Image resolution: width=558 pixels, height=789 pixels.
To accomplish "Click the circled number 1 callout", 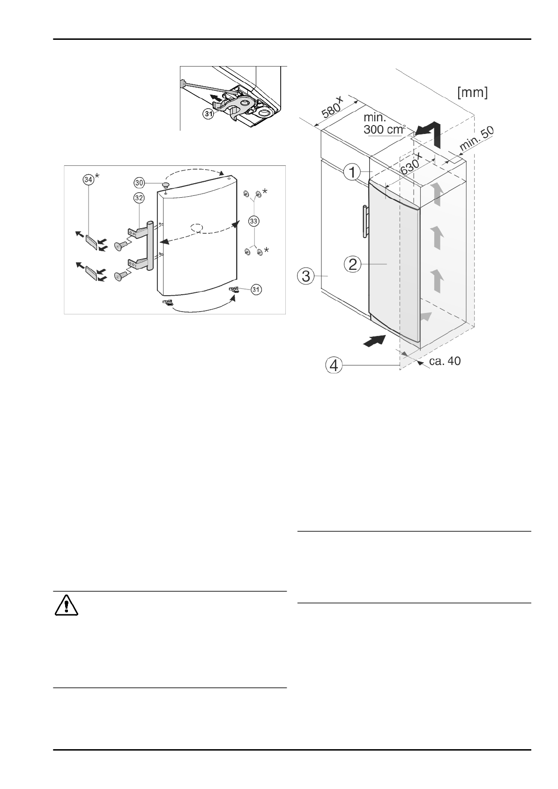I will coord(352,173).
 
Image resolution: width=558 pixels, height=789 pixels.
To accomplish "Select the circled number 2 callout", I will coord(352,265).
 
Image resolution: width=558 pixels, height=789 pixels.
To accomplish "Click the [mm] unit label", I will coord(472,93).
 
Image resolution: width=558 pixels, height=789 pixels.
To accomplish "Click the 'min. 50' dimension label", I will coord(477,139).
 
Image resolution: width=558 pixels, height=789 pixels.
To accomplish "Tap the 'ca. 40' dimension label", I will coord(445,361).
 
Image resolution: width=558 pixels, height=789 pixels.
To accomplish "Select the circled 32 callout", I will coord(139,198).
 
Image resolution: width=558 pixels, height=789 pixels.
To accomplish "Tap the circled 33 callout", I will coord(254,220).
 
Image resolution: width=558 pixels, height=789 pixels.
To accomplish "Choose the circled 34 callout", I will coord(88,178).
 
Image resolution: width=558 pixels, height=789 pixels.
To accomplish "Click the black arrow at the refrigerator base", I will coord(376,340).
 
